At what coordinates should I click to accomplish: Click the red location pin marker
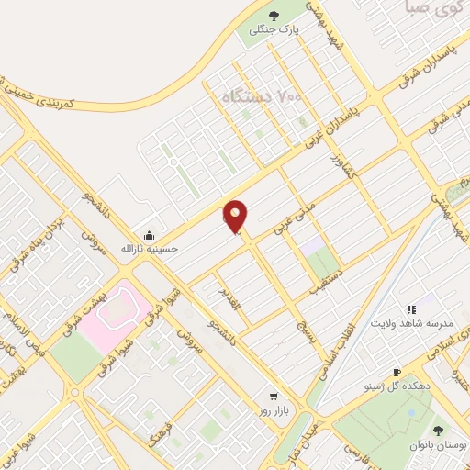coord(237,216)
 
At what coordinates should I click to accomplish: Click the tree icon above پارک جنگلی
coord(274,14)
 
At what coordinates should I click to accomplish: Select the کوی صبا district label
coord(423,12)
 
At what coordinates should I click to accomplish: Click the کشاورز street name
coord(340,170)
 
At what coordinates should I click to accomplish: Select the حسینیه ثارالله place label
coord(149,248)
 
